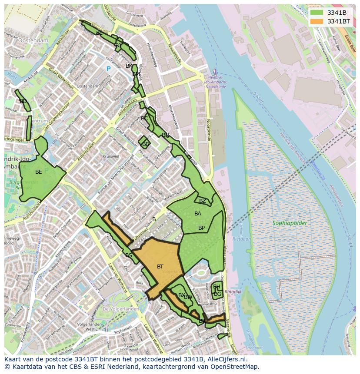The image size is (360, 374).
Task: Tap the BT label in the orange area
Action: [x=160, y=267]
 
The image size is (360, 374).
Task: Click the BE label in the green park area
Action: [x=39, y=172]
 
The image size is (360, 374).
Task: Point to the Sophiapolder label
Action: [x=290, y=223]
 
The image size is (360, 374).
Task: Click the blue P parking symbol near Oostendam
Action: [x=108, y=69]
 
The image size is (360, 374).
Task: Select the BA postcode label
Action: [x=198, y=214]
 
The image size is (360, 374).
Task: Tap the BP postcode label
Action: [x=201, y=228]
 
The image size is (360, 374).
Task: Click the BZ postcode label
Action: [x=203, y=201]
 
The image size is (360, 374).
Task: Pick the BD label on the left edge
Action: [x=23, y=101]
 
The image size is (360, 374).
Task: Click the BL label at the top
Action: [x=99, y=33]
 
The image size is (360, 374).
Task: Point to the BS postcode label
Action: [x=128, y=255]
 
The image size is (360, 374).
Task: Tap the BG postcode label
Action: [x=217, y=294]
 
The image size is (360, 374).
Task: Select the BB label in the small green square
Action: [x=145, y=144]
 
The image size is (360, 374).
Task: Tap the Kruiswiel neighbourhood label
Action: [x=111, y=156]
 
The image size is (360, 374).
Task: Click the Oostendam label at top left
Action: [x=33, y=40]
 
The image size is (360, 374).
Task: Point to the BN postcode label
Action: [x=165, y=135]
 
